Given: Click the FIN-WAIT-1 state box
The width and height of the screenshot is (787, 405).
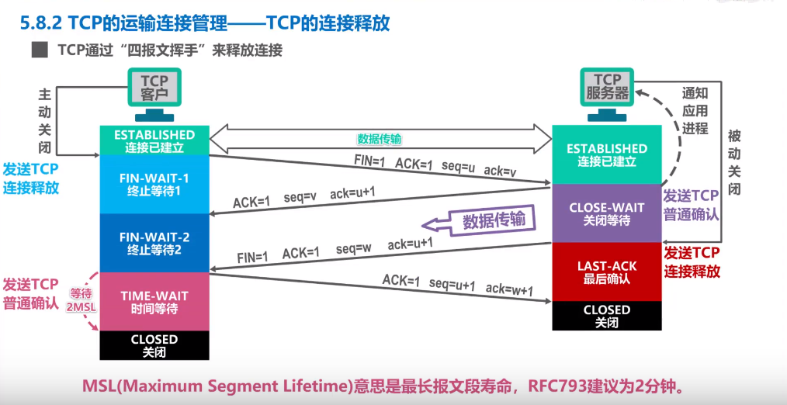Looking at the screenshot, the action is click(154, 184).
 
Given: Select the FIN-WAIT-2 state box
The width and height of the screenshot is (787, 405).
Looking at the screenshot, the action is click(154, 243).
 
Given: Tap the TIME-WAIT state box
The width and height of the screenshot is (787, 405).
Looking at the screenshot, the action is click(154, 302).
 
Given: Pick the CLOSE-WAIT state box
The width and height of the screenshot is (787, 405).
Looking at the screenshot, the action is click(607, 213).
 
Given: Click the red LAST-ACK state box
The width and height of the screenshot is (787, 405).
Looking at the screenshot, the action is click(607, 272).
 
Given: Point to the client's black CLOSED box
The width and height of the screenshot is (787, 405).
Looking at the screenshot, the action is click(154, 345).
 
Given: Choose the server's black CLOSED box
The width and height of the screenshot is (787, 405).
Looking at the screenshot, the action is click(607, 316).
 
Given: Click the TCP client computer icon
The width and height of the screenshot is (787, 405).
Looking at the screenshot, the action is click(154, 95).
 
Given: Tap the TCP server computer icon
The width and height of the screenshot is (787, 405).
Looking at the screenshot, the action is click(607, 95).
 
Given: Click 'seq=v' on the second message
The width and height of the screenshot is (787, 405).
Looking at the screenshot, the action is click(300, 197).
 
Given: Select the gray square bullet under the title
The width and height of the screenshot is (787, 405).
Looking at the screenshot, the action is click(39, 50).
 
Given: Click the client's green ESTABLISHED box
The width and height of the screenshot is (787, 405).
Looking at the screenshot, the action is click(154, 140).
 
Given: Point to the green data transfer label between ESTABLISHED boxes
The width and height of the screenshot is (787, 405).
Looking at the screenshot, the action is click(379, 139).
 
